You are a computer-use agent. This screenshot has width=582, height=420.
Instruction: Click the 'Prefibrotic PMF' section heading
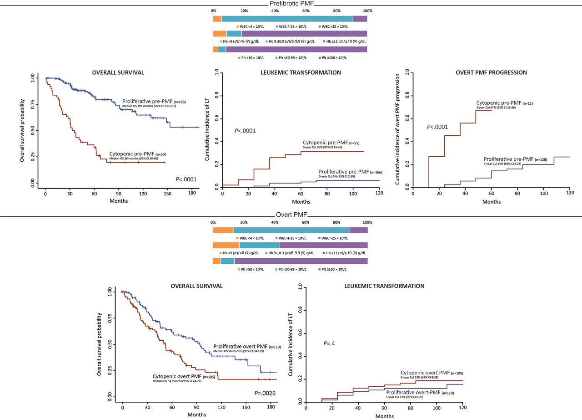tap(291, 4)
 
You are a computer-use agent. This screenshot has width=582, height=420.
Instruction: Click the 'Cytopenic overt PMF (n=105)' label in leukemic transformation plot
tap(431, 373)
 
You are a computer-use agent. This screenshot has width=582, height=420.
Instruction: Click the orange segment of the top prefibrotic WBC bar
tap(217, 18)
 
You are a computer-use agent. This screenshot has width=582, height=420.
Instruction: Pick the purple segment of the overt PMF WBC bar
tap(358, 230)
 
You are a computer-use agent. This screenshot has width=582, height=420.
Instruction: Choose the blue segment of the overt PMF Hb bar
tap(259, 246)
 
